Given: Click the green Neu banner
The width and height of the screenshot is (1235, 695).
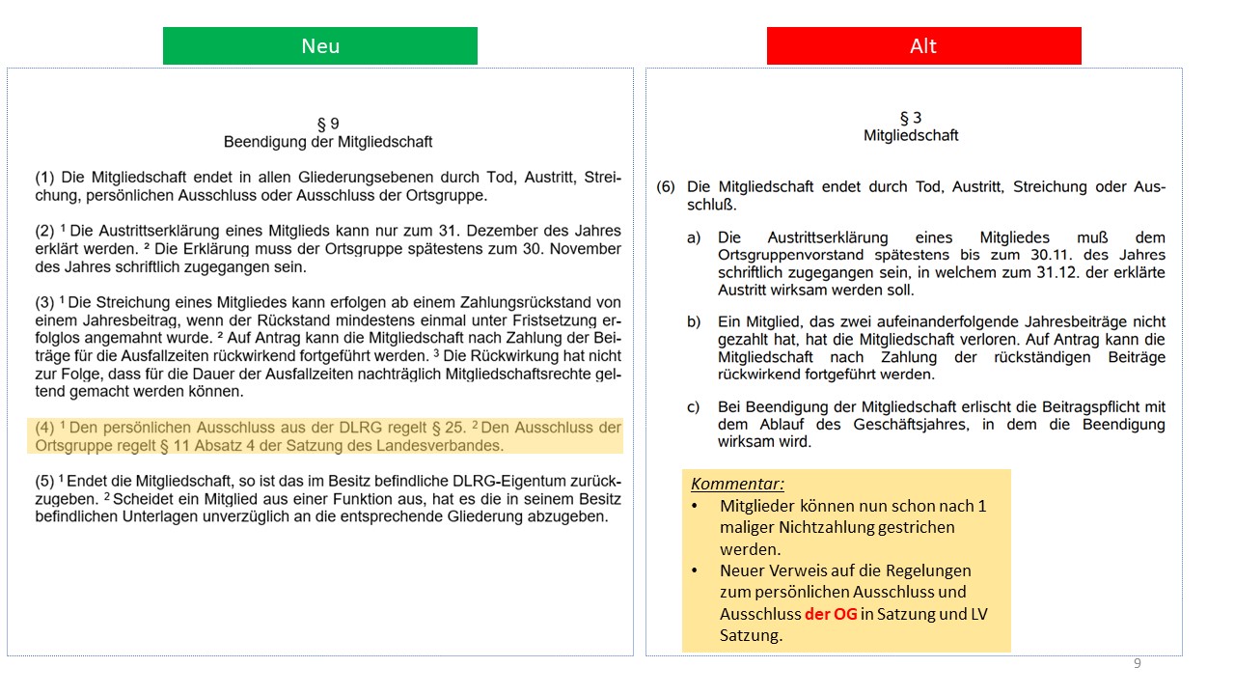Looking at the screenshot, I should coord(320,46).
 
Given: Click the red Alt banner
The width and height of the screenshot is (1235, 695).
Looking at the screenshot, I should coord(923,46).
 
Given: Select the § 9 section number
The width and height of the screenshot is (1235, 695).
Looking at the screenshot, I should coord(328,124).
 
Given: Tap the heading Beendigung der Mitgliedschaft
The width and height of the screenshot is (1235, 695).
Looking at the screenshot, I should coord(328,142).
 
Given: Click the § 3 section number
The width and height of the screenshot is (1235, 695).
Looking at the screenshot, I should coord(911,118).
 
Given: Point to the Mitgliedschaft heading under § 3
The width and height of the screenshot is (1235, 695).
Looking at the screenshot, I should coord(911,135).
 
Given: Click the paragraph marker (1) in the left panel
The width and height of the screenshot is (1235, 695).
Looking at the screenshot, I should coord(44,178).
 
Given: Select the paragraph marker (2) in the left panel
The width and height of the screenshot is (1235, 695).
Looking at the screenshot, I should coord(44,231).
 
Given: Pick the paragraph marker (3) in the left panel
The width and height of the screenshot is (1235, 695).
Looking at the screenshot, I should coord(44,303).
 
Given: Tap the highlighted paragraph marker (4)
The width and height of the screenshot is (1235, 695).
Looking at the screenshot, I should coord(44,428).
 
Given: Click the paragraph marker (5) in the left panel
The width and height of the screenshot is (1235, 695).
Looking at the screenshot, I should coord(44,481).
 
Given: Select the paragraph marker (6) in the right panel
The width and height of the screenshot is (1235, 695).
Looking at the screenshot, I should coord(666,187).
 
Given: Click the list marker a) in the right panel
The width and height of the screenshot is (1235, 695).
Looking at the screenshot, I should coord(694,237).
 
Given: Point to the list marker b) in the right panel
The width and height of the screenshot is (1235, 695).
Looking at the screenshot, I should coord(694,321).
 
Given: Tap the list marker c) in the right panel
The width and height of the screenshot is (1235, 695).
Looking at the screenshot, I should coord(694,406).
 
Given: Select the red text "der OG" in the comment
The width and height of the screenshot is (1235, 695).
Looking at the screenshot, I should coord(831,614).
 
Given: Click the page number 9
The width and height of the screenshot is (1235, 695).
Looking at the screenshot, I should coord(1138,663).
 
